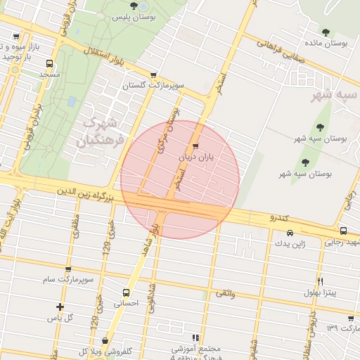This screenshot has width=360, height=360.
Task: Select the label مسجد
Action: click(49, 74)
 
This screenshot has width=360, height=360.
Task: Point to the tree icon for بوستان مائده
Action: click(326, 32)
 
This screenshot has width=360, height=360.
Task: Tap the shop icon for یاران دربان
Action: click(195, 147)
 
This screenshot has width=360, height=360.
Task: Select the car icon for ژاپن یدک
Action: click(290, 233)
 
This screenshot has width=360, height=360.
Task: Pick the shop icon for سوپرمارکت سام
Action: click(69, 269)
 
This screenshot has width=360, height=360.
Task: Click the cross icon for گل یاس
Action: click(60, 307)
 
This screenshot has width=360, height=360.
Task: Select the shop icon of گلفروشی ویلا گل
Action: click(105, 341)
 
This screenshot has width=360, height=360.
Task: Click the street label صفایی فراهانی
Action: click(282, 51)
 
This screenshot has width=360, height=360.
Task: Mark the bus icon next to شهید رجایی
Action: click(343, 231)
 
